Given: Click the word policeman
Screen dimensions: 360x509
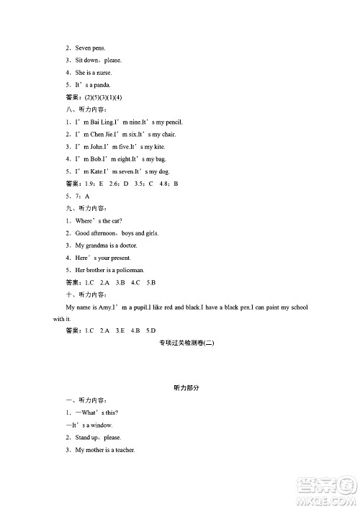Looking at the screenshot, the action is tap(136, 270).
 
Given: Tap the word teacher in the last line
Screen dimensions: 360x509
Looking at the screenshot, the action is tap(122, 450).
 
